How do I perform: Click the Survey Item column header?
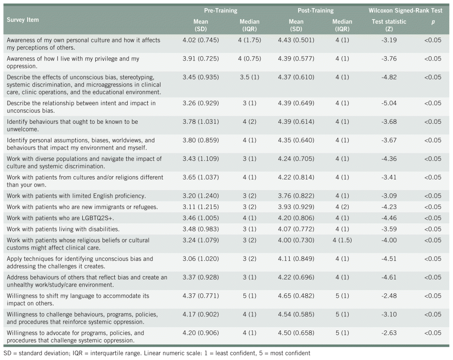(x=23, y=20)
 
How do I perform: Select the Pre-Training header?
(x=221, y=10)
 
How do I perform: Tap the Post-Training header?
(x=315, y=10)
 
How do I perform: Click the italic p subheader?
(x=433, y=21)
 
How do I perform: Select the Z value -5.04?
(x=389, y=103)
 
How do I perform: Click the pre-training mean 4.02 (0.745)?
(x=201, y=40)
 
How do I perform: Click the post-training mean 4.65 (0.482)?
(x=296, y=296)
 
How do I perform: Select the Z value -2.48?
(x=389, y=296)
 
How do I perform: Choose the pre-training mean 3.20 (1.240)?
(x=201, y=196)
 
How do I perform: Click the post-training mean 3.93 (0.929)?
(x=296, y=207)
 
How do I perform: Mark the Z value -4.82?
(x=389, y=77)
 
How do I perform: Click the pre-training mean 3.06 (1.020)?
(x=201, y=259)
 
